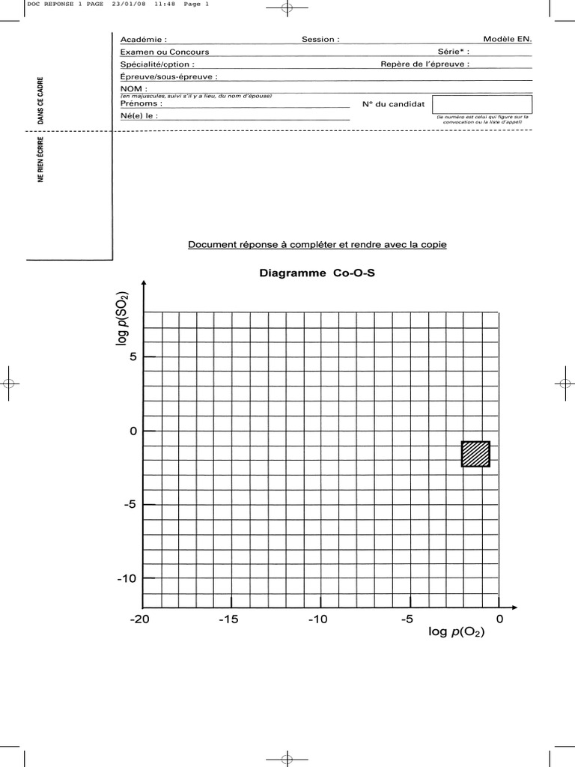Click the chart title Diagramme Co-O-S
(x=316, y=273)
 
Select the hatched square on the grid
(x=475, y=454)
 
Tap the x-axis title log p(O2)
(x=456, y=633)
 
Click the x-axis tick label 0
(x=499, y=619)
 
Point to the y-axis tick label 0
(x=133, y=431)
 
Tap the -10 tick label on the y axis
(x=127, y=578)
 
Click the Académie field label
(x=144, y=39)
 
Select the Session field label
(x=320, y=39)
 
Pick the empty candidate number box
(x=482, y=104)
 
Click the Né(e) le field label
(x=139, y=117)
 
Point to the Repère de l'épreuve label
(x=425, y=64)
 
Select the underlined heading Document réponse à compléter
(x=317, y=245)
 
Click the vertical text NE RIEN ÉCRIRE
(x=42, y=159)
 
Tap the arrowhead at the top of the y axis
(x=143, y=283)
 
